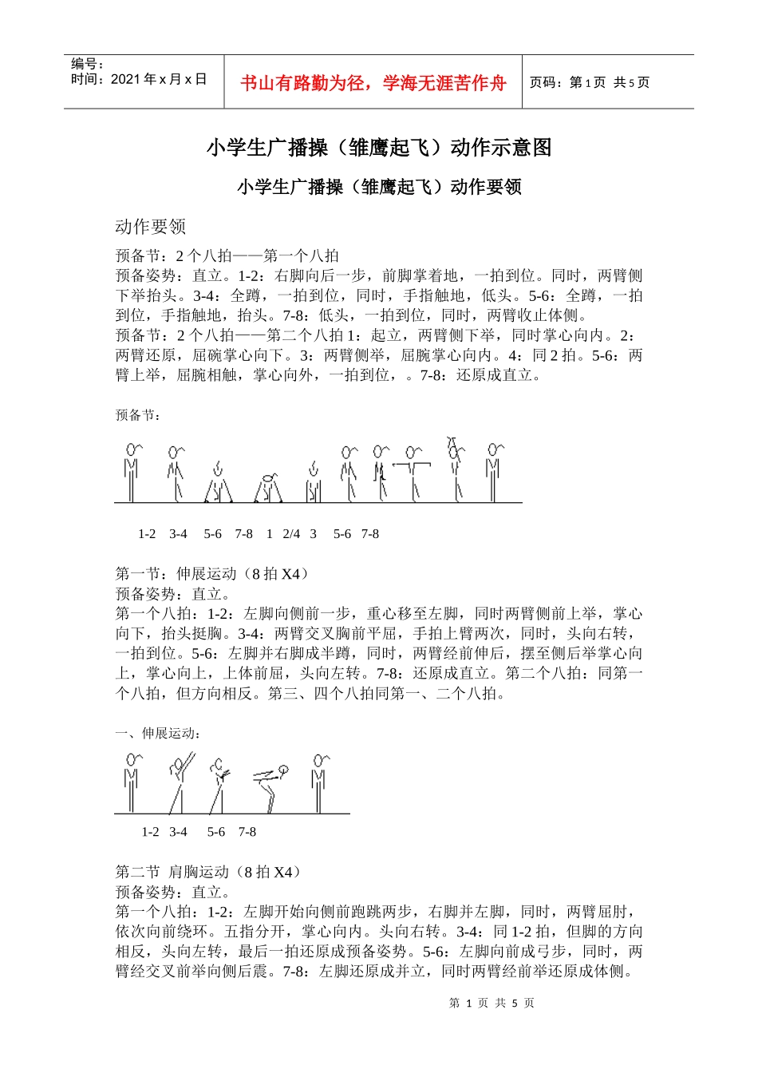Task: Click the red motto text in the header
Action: pos(373,83)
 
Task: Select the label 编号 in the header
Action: pos(87,64)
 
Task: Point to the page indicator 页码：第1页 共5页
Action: pos(590,82)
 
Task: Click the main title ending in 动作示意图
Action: pos(379,148)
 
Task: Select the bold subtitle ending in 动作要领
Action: pos(379,187)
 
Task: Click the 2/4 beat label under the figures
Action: pos(291,534)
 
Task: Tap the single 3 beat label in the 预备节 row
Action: pos(314,534)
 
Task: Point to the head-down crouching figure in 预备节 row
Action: pos(269,487)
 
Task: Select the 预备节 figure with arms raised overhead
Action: pos(456,471)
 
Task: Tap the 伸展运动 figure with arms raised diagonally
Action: pos(180,782)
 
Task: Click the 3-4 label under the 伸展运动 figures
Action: pos(178,832)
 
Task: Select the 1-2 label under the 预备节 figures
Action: pos(147,534)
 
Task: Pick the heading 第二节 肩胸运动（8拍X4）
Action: pos(209,872)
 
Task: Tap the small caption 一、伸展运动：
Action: pos(158,733)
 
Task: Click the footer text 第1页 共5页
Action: pos(492,1003)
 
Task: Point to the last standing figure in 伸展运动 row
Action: pos(319,782)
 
